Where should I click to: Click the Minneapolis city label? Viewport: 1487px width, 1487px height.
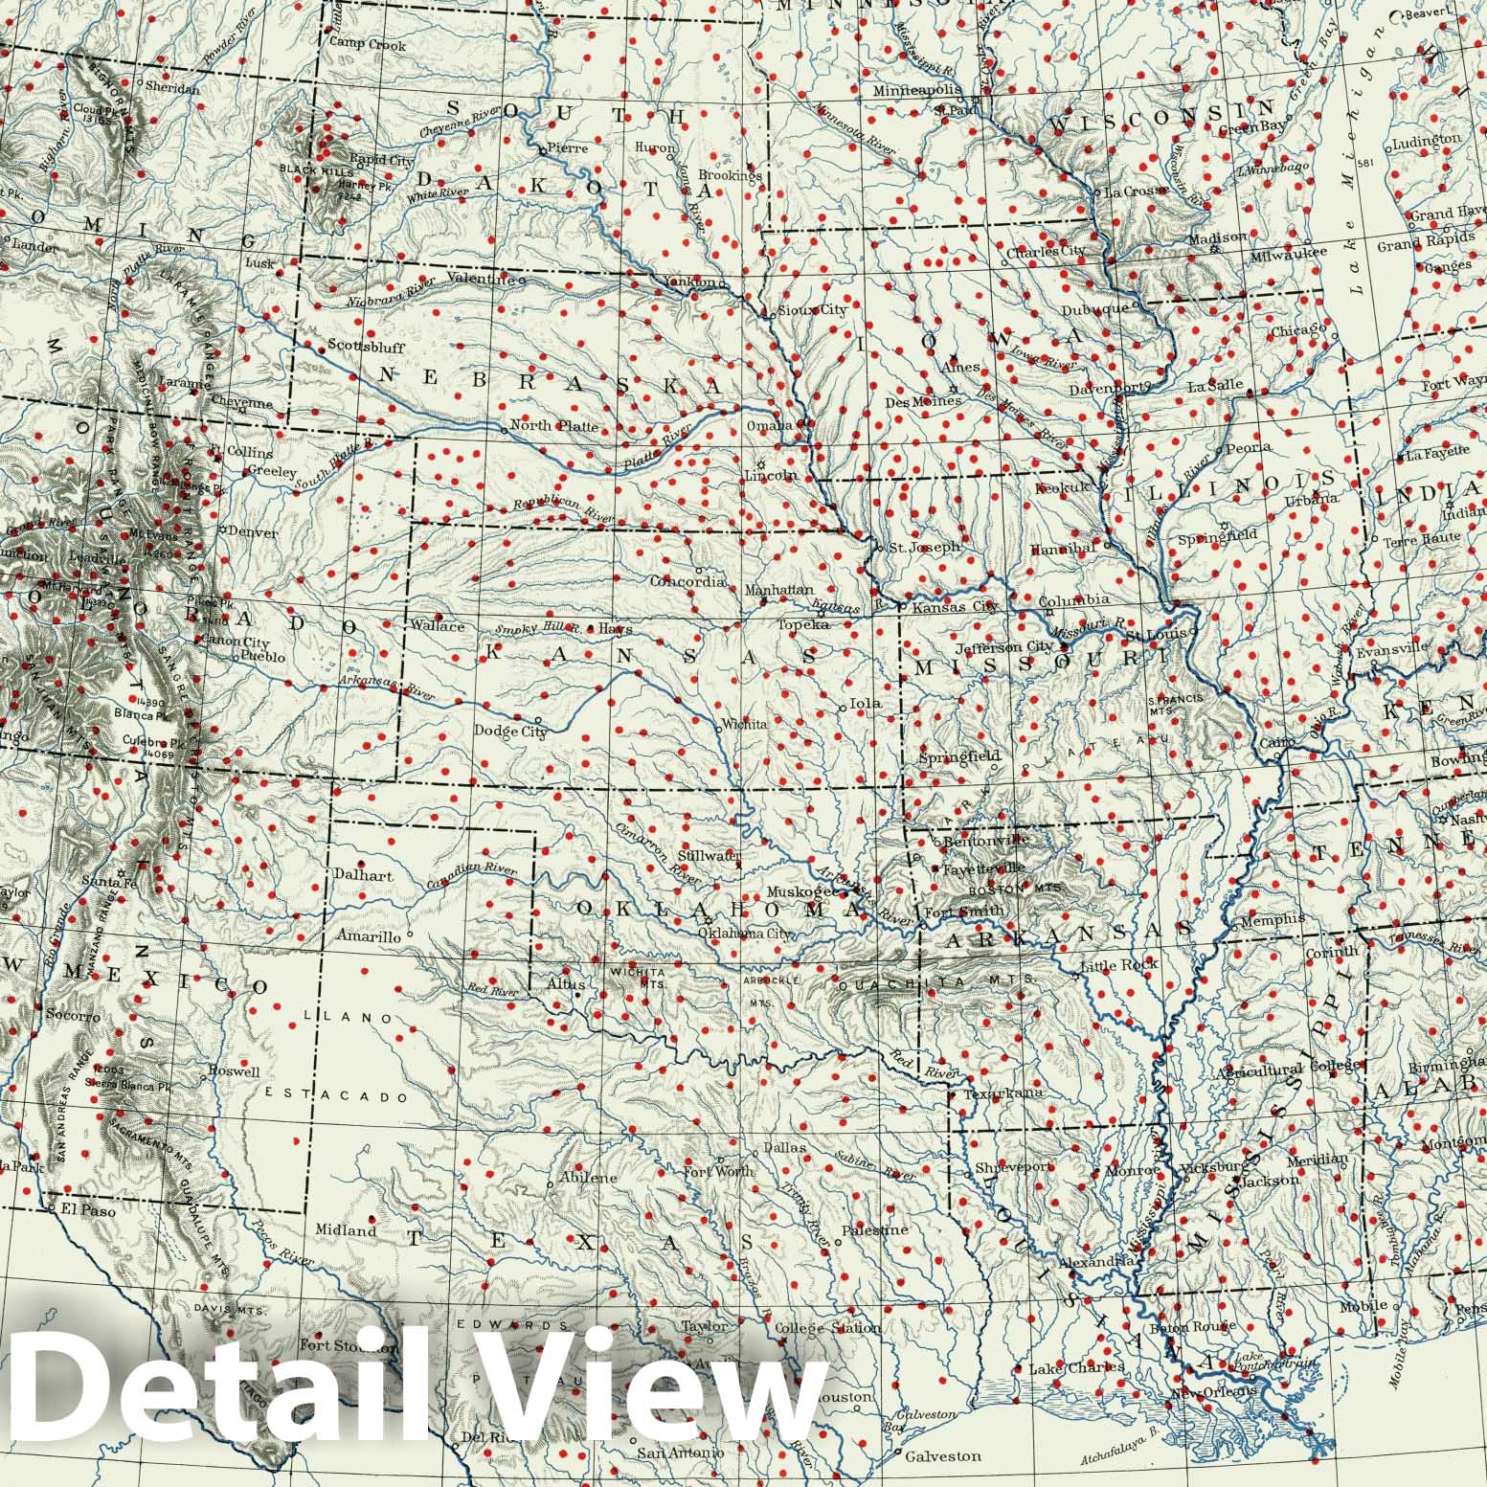916,90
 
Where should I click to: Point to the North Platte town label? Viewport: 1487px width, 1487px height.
554,426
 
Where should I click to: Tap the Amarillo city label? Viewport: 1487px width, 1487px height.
368,937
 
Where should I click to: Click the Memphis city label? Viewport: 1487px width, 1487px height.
1273,918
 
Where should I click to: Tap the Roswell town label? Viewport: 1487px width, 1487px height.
234,1071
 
